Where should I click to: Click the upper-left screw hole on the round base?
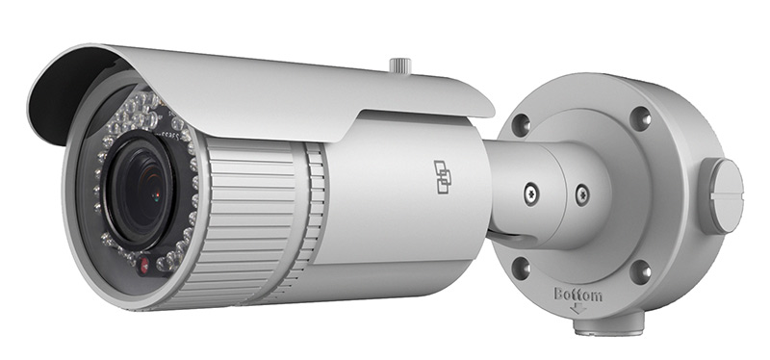pos(521,124)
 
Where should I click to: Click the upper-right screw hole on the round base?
pos(639,117)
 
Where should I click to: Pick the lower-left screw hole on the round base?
pos(521,266)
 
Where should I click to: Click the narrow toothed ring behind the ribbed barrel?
pos(316,212)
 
